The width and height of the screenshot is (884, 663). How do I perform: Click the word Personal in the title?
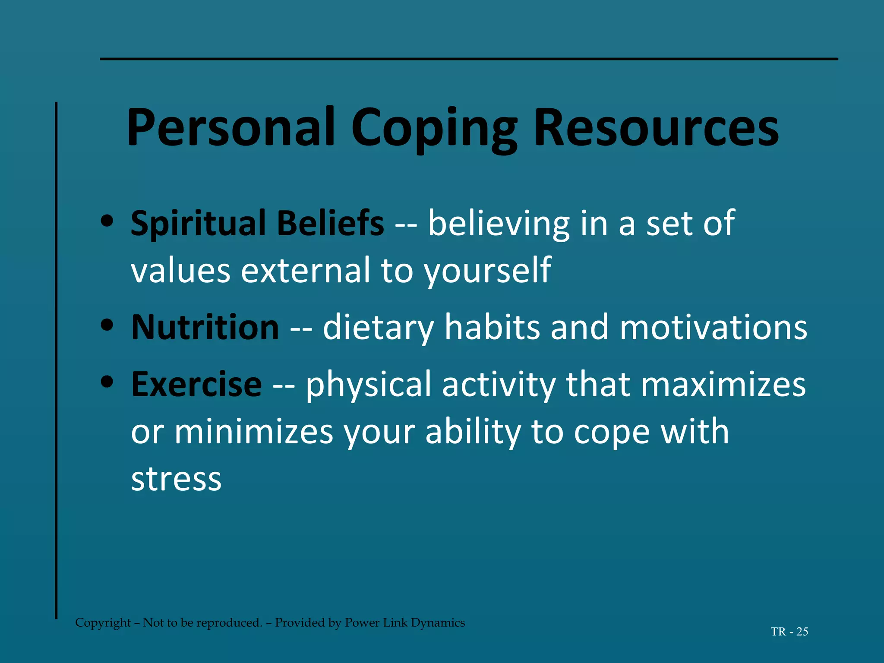pyautogui.click(x=231, y=128)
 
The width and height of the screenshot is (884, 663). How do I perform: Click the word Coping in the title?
pyautogui.click(x=434, y=128)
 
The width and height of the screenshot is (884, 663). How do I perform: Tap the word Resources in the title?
pyautogui.click(x=656, y=128)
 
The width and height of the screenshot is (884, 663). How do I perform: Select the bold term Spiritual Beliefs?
pyautogui.click(x=257, y=223)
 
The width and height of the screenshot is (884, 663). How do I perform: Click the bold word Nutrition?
pyautogui.click(x=205, y=327)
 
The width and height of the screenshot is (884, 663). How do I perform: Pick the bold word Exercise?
pyautogui.click(x=196, y=384)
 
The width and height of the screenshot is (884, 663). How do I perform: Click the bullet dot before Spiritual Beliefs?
pyautogui.click(x=106, y=221)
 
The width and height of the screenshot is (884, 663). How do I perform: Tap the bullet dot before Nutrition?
pyautogui.click(x=106, y=325)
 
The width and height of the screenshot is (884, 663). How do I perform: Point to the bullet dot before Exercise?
pyautogui.click(x=106, y=382)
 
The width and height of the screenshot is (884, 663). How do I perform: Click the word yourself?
pyautogui.click(x=487, y=271)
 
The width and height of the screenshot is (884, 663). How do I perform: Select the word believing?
pyautogui.click(x=499, y=223)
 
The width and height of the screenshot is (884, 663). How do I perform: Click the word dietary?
pyautogui.click(x=378, y=327)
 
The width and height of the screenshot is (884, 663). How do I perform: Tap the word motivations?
pyautogui.click(x=713, y=327)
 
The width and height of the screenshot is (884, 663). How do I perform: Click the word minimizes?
pyautogui.click(x=254, y=432)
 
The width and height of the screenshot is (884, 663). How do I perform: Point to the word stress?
pyautogui.click(x=176, y=479)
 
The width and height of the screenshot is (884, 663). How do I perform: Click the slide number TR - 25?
pyautogui.click(x=789, y=631)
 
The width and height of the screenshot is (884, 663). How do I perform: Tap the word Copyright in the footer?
pyautogui.click(x=103, y=622)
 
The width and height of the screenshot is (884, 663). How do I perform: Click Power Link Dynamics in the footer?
pyautogui.click(x=405, y=622)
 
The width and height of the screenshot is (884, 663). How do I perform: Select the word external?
pyautogui.click(x=305, y=271)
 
